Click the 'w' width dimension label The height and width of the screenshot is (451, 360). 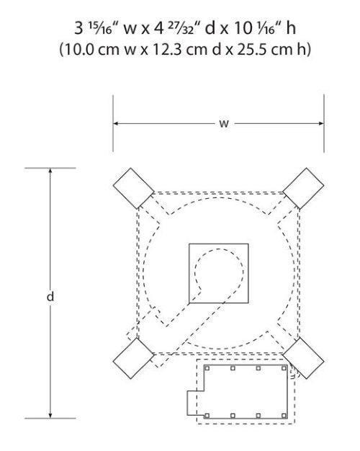pyautogui.click(x=224, y=124)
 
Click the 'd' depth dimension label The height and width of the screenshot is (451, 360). pyautogui.click(x=50, y=296)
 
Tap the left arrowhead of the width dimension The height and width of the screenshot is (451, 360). pyautogui.click(x=116, y=123)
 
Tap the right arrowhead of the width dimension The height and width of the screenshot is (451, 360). pyautogui.click(x=321, y=123)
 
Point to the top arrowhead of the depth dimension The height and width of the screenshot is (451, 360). pyautogui.click(x=50, y=171)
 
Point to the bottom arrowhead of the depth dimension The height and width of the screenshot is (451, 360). pyautogui.click(x=50, y=415)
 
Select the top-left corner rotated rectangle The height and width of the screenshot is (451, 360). pyautogui.click(x=134, y=188)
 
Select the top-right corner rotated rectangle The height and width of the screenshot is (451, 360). pyautogui.click(x=303, y=188)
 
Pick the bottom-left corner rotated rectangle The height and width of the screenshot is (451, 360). pyautogui.click(x=134, y=358)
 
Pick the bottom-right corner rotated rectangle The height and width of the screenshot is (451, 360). pyautogui.click(x=303, y=358)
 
